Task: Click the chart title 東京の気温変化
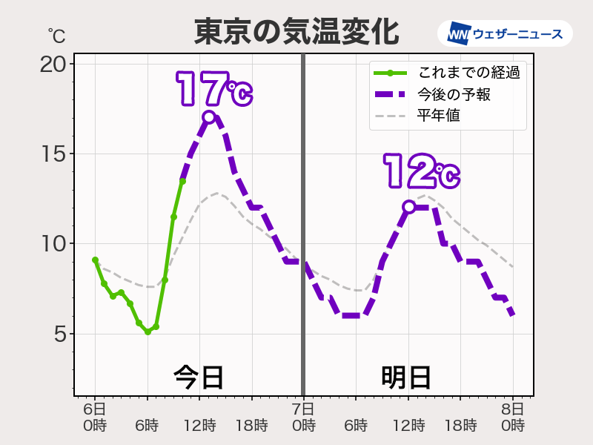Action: pos(296,32)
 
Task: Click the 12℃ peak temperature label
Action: pos(420,172)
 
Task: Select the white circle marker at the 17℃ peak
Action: pos(209,117)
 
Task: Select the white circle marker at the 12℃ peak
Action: pos(408,207)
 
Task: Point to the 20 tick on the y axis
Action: pos(53,65)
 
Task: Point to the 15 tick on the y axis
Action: pos(53,154)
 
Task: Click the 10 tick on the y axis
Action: pos(53,244)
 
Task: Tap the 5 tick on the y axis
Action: pos(60,334)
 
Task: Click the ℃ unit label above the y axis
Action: pos(56,35)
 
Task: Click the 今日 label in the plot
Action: pos(199,377)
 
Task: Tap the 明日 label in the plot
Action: pos(406,377)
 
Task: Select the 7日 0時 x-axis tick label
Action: pos(303,418)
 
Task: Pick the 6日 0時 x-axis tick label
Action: pos(95,418)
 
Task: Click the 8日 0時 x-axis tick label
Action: pos(512,418)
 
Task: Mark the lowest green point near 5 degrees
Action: pos(148,332)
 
